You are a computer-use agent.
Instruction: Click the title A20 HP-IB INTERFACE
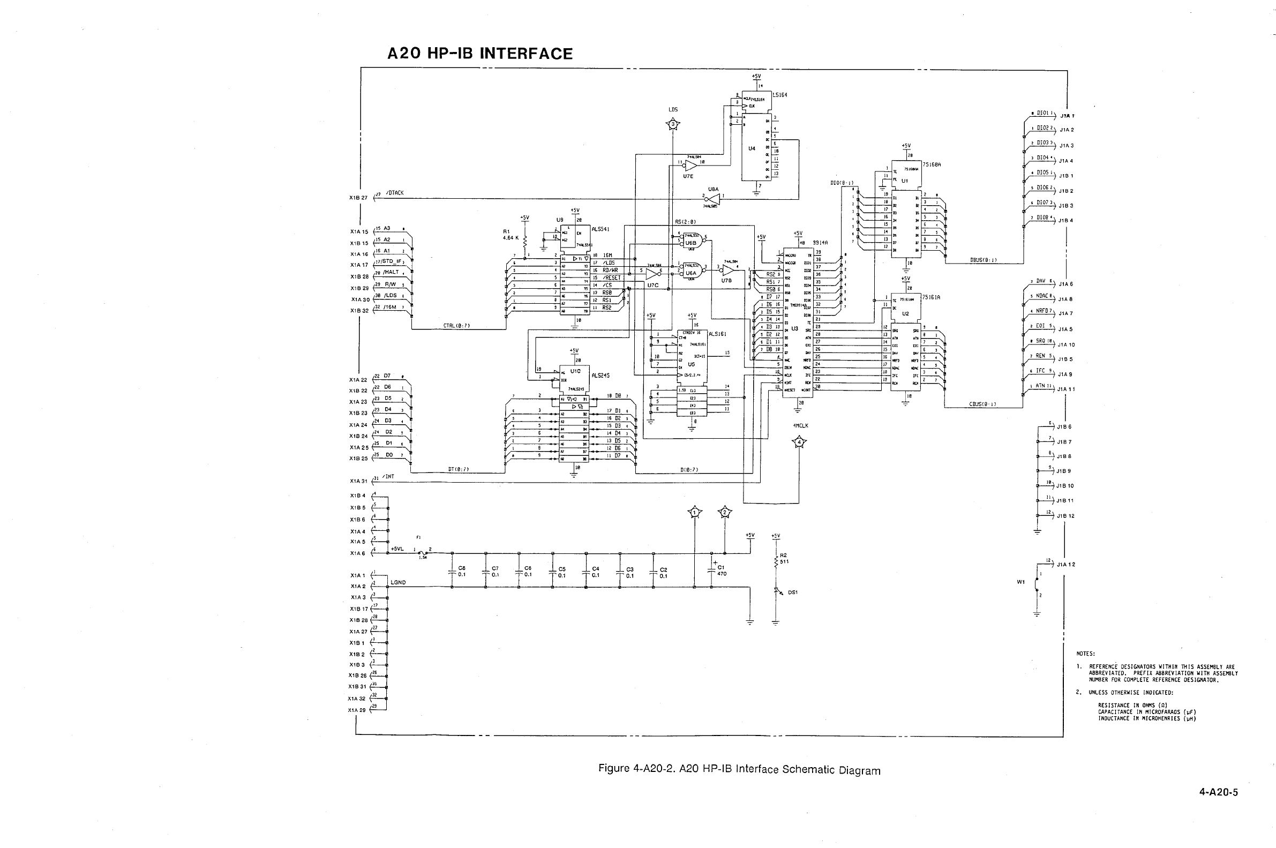480,54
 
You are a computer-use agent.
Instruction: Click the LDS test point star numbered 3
673,125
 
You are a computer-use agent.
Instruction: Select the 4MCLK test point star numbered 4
800,443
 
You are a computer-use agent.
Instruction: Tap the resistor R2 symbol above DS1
776,561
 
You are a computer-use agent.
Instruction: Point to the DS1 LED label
793,592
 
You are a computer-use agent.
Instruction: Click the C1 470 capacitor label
721,571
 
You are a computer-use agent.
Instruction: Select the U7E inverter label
688,176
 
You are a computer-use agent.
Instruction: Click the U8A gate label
713,189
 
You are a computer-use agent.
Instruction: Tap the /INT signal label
388,476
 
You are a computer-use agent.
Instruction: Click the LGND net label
398,582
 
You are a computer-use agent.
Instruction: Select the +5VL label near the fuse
397,549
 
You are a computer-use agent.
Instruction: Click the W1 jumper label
1021,582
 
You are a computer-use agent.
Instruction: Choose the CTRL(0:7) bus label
457,326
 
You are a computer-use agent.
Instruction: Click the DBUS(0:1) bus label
984,260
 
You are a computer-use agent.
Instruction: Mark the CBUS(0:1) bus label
983,404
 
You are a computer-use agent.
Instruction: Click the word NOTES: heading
1086,654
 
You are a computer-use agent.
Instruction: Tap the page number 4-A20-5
1218,793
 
